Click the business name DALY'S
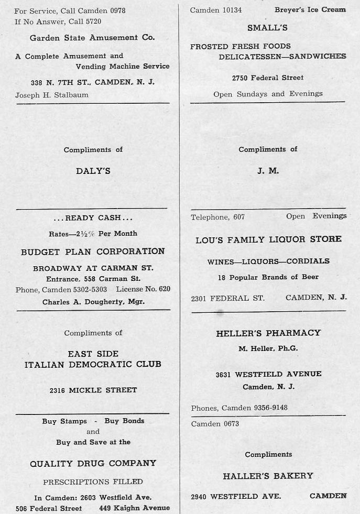point(93,171)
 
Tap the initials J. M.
point(268,171)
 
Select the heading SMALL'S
point(267,28)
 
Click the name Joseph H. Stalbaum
point(52,95)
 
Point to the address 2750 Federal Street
point(268,78)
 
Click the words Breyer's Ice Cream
point(310,9)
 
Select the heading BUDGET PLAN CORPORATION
point(93,251)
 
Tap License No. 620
point(143,289)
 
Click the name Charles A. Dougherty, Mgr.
point(93,302)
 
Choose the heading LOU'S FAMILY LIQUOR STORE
point(268,239)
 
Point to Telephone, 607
point(217,216)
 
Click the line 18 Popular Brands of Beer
point(268,277)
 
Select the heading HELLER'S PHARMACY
point(268,333)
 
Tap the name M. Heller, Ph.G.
point(268,348)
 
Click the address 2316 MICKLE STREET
point(93,390)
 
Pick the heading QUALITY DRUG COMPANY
point(93,463)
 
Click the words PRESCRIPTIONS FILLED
point(93,482)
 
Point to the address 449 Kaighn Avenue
point(134,508)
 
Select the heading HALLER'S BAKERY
point(268,476)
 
